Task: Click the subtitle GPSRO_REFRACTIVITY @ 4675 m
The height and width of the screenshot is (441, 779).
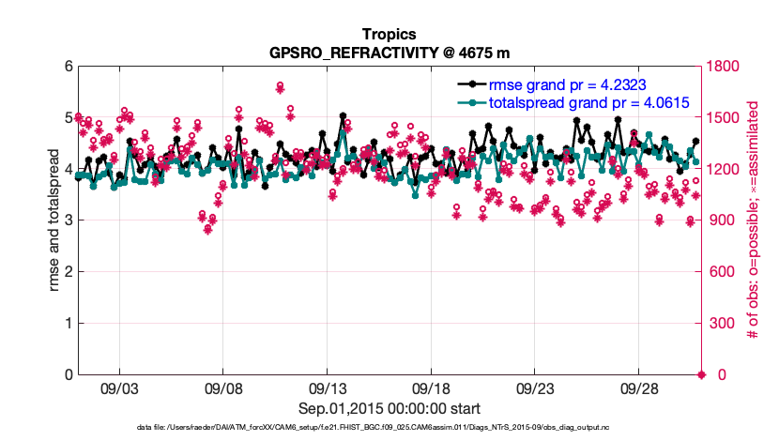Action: tap(389, 53)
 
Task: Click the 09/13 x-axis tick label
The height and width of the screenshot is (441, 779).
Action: tap(328, 387)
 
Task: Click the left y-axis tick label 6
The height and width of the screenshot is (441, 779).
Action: tap(68, 67)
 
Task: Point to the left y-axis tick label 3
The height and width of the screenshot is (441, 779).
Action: tap(68, 220)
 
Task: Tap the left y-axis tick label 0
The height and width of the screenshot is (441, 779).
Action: tap(68, 375)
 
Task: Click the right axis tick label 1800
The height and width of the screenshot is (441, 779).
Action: tap(725, 67)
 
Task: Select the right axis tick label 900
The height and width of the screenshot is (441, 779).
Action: tap(721, 220)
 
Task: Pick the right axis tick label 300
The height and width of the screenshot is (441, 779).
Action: tap(721, 324)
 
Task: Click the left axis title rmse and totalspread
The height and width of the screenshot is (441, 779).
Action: tap(54, 220)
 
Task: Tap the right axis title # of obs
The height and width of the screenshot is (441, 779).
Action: tap(753, 220)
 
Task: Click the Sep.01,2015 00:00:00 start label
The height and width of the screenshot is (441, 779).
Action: tap(389, 408)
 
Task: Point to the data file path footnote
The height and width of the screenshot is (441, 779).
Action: tap(389, 428)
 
